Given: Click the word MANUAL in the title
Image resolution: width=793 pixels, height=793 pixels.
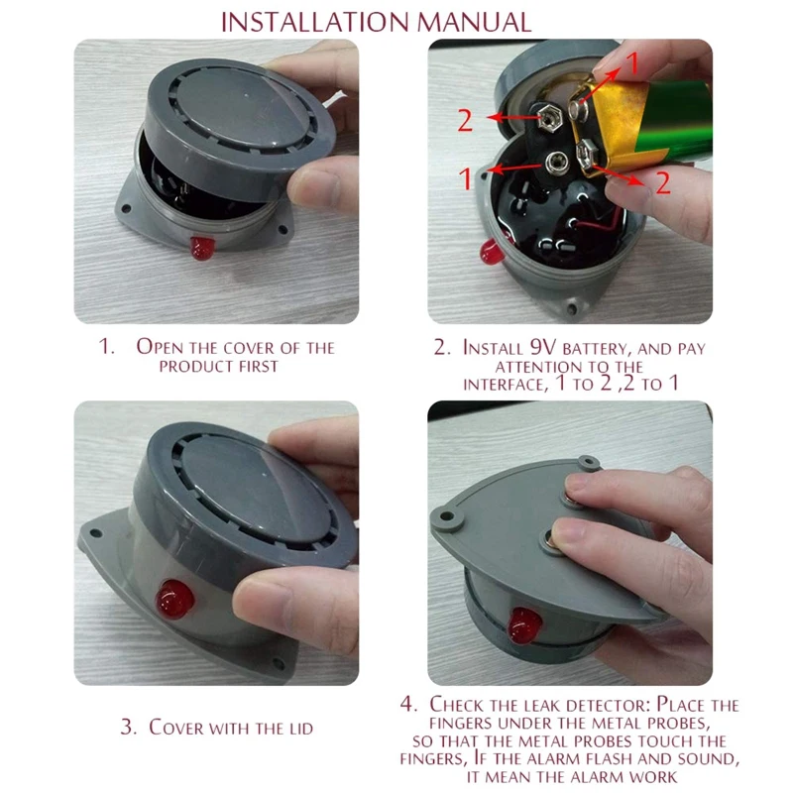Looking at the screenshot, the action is point(474,22).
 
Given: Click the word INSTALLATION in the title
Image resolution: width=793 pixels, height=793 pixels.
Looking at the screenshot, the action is point(314,22).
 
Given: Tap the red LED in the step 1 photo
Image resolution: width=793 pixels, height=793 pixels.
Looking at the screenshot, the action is point(202,248).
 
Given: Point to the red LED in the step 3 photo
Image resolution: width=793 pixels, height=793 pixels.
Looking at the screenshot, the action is point(174,600).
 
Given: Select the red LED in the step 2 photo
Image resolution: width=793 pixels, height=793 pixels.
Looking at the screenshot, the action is point(492,252).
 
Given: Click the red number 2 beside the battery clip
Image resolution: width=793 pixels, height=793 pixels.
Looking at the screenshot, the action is point(465,120).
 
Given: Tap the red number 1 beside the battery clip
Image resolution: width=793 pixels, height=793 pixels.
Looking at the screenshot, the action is point(465,178).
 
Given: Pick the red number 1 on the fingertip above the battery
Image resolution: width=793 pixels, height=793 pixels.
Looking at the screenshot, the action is point(632,63).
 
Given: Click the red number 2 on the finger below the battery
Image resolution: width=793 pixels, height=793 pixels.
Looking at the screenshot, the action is point(662,182).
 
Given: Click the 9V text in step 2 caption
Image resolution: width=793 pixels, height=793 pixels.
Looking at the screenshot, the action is point(543,348).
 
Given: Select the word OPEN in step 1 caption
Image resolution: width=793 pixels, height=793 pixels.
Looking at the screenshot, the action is point(160,347).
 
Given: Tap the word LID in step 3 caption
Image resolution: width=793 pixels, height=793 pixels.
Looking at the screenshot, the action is point(301,729).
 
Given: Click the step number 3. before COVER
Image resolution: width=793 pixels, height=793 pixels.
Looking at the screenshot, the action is point(128,728).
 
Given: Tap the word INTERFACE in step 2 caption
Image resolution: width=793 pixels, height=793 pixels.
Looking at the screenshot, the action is point(506,385).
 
